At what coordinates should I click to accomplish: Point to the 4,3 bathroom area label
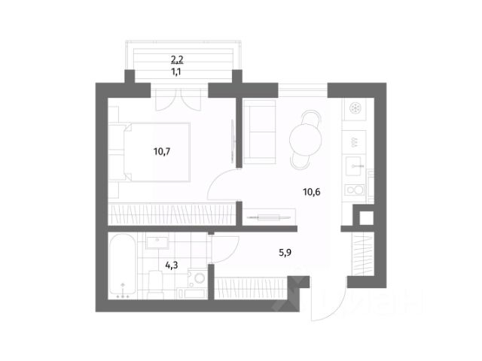171,265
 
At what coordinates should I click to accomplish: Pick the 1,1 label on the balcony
178,72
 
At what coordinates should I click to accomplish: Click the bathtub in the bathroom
124,267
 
